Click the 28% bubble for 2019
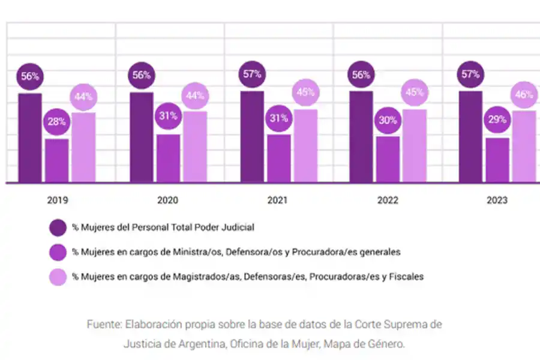[56, 122]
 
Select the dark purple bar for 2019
[29, 138]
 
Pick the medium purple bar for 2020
[169, 158]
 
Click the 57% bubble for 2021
[252, 75]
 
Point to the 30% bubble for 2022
[388, 120]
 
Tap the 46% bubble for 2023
[524, 95]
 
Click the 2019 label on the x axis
[56, 200]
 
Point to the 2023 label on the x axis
[497, 200]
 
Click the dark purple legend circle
[58, 228]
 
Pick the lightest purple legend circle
[58, 277]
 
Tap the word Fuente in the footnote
[104, 325]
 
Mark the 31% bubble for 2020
[168, 116]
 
